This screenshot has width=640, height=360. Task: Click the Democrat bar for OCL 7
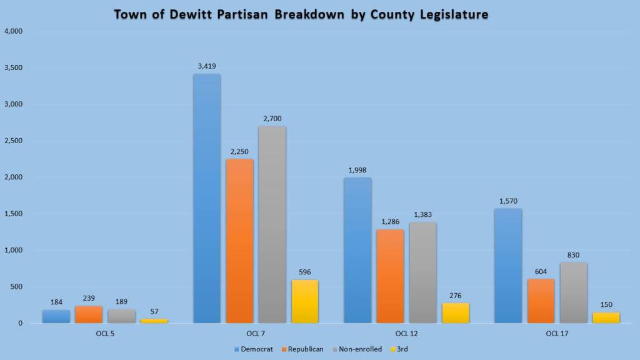(206, 199)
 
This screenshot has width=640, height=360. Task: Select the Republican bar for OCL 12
(390, 276)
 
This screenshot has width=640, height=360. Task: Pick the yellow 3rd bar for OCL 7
(305, 301)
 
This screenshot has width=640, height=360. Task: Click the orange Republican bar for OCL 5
(89, 314)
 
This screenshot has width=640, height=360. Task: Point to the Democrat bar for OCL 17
(507, 266)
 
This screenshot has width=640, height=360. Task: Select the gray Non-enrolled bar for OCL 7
(272, 225)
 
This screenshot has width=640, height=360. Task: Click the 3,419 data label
(206, 66)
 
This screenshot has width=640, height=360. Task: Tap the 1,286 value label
(390, 221)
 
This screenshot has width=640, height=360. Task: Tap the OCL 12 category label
(406, 333)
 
